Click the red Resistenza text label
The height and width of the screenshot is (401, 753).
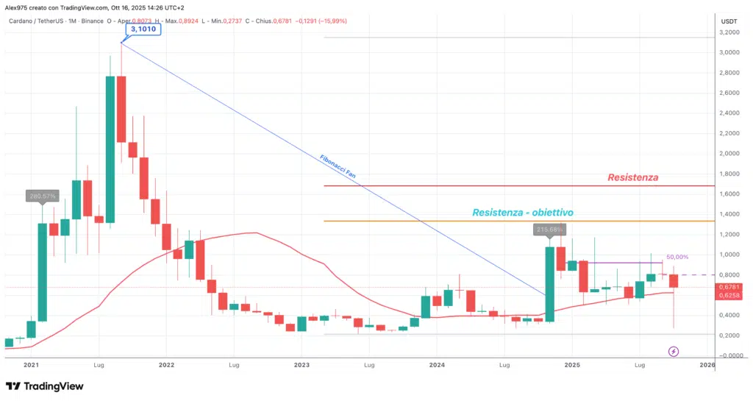point(632,177)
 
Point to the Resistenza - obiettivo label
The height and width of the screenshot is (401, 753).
point(522,213)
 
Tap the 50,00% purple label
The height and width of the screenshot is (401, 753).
point(677,257)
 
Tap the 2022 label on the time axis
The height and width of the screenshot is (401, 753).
point(166,364)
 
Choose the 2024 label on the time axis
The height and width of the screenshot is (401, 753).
point(437,364)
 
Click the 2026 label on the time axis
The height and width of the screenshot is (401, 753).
point(707,364)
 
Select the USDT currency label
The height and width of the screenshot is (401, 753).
point(729,21)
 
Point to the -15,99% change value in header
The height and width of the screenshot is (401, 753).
point(333,21)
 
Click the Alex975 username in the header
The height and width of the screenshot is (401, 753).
point(18,8)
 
